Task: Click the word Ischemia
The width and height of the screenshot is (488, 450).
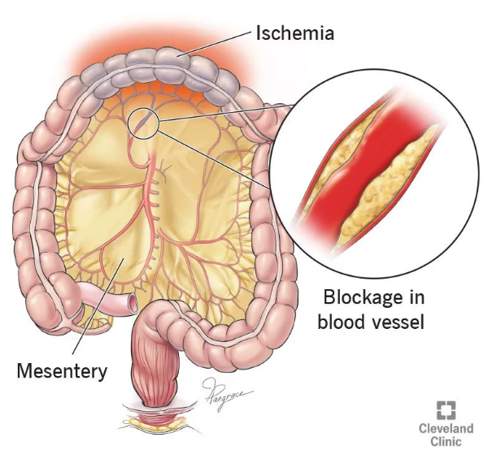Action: [x=295, y=33]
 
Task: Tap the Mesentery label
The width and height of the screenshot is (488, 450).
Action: [x=62, y=371]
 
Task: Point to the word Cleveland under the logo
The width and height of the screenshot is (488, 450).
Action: [x=447, y=427]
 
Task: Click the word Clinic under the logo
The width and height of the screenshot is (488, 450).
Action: [x=447, y=441]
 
